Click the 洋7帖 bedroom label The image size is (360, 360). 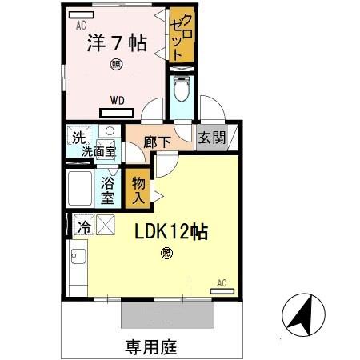point(116,43)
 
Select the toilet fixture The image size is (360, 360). point(181,90)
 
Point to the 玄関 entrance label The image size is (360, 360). point(212,138)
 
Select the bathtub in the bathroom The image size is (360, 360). point(80,189)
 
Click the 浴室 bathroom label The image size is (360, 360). point(108,189)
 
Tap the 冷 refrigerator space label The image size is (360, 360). point(83,227)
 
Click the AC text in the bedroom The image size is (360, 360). point(81,26)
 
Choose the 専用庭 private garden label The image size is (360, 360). point(150,347)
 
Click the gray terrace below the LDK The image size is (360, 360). point(167,314)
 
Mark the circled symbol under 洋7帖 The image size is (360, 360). point(117,64)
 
